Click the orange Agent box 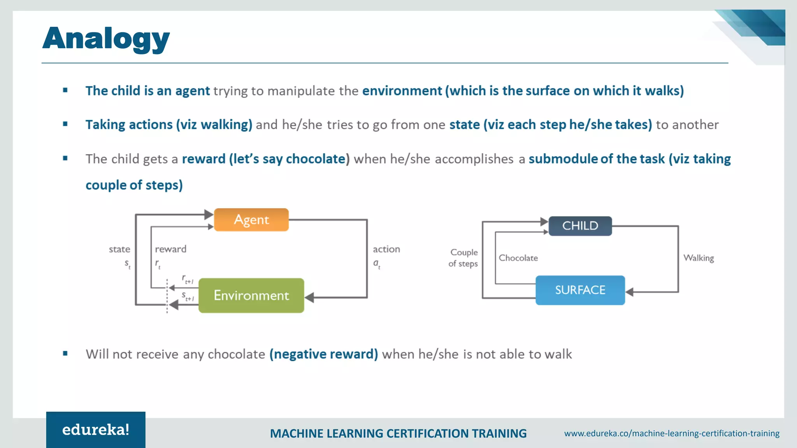pos(251,220)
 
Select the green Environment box pos(251,296)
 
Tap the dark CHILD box pos(580,226)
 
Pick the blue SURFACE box pos(580,290)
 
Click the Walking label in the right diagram pos(699,258)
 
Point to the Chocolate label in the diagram pos(518,258)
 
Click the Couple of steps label pos(463,258)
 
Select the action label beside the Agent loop pos(386,249)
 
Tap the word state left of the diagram pos(119,249)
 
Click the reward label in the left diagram pos(170,249)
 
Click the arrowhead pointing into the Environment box pos(310,298)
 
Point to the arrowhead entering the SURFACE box pos(630,292)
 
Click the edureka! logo pos(96,430)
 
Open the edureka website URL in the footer pos(672,433)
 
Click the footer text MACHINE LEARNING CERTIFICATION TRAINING pos(398,433)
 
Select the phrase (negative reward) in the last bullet pos(323,354)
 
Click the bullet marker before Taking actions pos(65,124)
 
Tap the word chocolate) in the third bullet pos(318,159)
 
